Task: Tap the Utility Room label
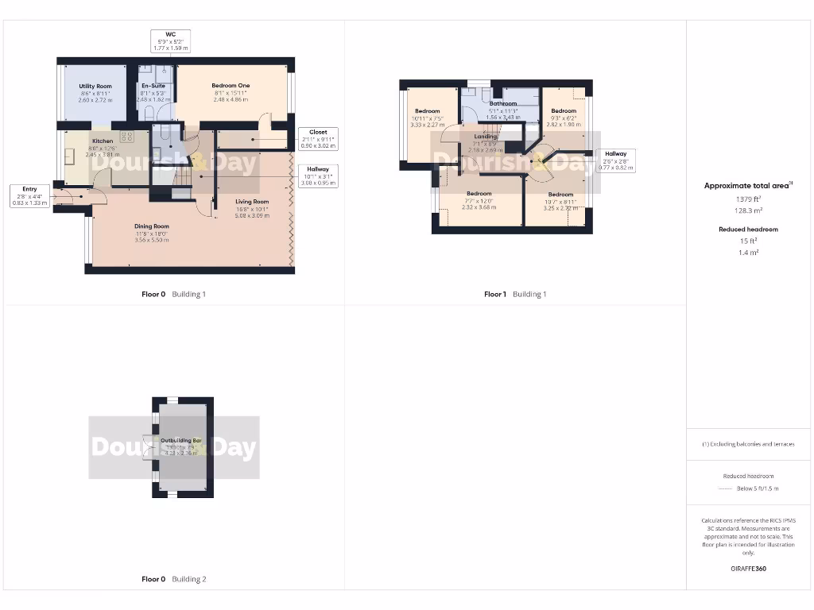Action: click(95, 86)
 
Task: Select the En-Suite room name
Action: click(153, 86)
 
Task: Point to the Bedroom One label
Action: click(231, 86)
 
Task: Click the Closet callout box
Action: click(318, 138)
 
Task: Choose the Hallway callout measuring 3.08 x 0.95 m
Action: click(318, 176)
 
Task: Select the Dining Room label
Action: click(151, 226)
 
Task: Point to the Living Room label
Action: click(252, 202)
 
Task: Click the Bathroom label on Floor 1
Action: click(502, 104)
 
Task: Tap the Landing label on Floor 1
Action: click(485, 137)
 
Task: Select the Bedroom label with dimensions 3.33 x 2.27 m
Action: click(427, 111)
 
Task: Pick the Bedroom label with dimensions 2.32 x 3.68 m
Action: click(479, 194)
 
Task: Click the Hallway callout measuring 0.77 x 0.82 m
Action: click(615, 160)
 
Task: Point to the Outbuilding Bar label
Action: click(180, 440)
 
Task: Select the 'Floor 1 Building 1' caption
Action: click(515, 294)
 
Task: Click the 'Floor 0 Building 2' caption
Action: click(173, 579)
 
